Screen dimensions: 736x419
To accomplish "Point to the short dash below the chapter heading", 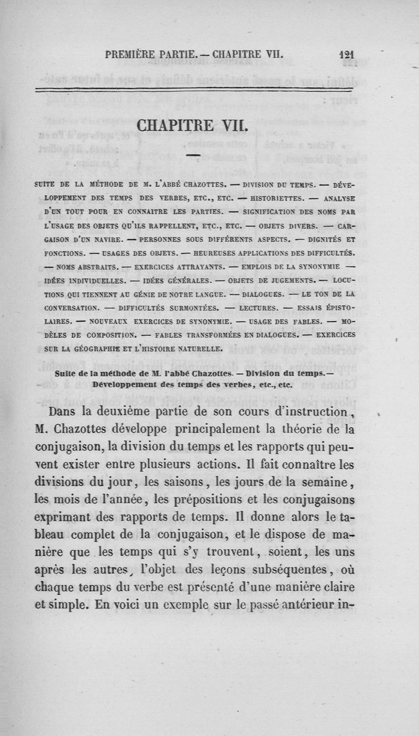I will [192, 155].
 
